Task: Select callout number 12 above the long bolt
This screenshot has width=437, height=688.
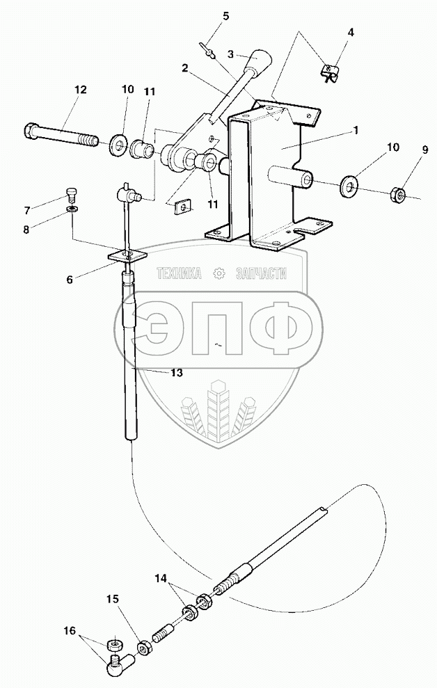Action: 80,89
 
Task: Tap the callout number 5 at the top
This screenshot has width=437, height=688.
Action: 225,15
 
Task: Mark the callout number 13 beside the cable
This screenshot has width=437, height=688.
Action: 176,374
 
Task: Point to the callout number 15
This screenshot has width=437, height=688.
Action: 112,598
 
